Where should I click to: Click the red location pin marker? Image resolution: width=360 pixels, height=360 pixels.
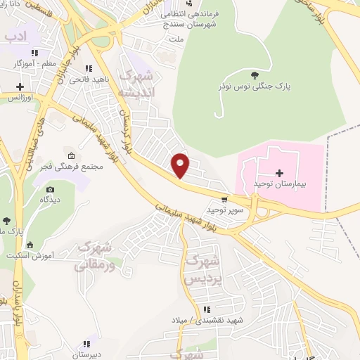pyautogui.click(x=181, y=165)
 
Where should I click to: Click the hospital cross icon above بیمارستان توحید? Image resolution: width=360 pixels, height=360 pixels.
pyautogui.click(x=279, y=172)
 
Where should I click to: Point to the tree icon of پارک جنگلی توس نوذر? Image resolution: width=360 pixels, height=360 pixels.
pyautogui.click(x=254, y=74)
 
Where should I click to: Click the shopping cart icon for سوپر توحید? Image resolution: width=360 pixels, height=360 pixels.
pyautogui.click(x=224, y=200)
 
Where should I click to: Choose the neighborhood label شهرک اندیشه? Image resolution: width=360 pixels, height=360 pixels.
pyautogui.click(x=136, y=84)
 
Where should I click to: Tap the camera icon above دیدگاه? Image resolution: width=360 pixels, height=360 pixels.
pyautogui.click(x=50, y=189)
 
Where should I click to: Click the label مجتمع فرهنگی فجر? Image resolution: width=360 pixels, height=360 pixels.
pyautogui.click(x=70, y=167)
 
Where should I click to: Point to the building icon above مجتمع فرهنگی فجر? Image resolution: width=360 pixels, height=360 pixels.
pyautogui.click(x=70, y=155)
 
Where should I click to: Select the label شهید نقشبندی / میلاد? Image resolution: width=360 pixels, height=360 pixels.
pyautogui.click(x=207, y=321)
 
